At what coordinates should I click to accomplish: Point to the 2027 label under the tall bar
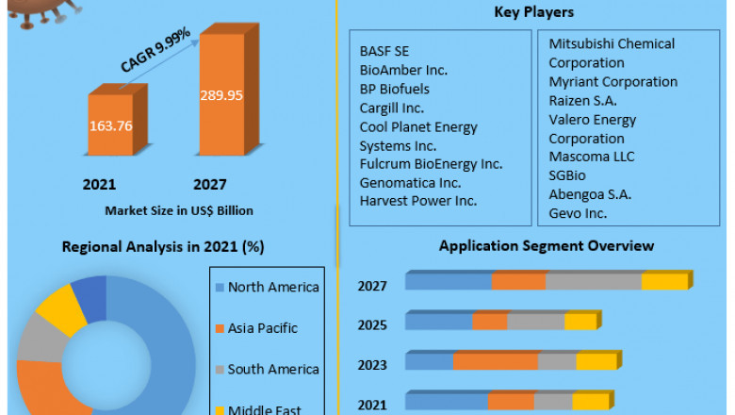click(210, 184)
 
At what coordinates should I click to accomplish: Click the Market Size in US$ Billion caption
click(179, 209)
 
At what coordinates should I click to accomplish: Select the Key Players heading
click(533, 12)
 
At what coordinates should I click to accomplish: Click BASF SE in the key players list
click(384, 50)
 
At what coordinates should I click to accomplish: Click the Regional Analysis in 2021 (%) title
click(163, 247)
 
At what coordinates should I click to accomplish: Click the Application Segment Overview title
click(546, 246)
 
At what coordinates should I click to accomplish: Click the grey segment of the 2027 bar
click(594, 282)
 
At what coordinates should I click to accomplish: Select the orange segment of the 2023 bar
click(496, 362)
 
